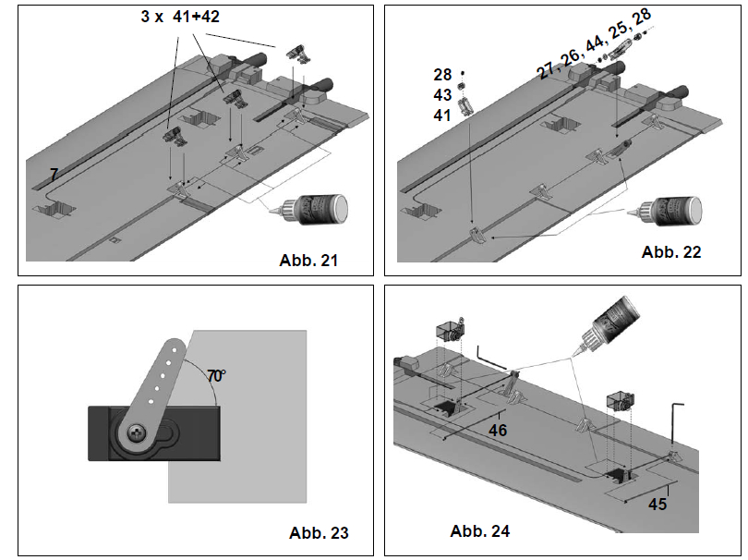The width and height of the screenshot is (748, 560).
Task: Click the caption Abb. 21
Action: [x=308, y=260]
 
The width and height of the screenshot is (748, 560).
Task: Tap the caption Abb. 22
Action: [x=671, y=251]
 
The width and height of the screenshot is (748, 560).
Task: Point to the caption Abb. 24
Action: [x=479, y=530]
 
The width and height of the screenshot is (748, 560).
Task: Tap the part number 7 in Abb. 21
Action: [x=54, y=173]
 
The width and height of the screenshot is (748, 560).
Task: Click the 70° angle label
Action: [x=216, y=376]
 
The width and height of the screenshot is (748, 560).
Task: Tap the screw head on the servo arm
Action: [x=136, y=431]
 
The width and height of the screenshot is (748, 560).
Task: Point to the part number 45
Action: [x=658, y=504]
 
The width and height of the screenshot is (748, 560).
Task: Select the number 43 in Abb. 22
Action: [x=441, y=95]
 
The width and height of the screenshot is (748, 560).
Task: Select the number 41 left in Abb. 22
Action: [x=441, y=116]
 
